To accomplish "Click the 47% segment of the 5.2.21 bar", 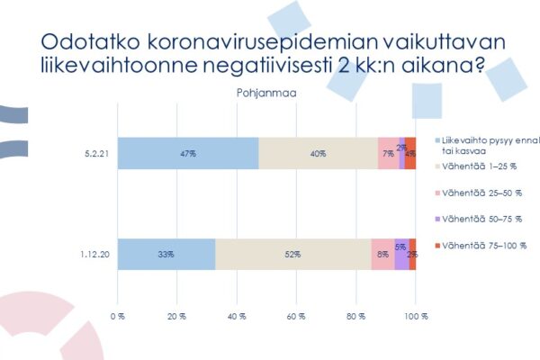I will [x=187, y=153].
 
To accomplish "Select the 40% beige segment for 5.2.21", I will [x=318, y=153].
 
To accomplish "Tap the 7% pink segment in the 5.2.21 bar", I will [x=388, y=153].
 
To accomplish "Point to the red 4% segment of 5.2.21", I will [x=410, y=153].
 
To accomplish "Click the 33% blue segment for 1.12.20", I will [x=166, y=255].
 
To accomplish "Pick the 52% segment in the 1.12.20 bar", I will [x=293, y=255].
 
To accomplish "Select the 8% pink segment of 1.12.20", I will [x=382, y=255].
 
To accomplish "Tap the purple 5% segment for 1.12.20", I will [x=400, y=255].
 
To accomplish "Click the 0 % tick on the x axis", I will [x=117, y=317].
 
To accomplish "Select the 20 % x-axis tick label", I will [x=176, y=317].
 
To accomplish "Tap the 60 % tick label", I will [x=296, y=317].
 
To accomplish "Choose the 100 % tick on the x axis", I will [x=416, y=317].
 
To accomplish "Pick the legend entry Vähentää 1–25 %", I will [x=478, y=165].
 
